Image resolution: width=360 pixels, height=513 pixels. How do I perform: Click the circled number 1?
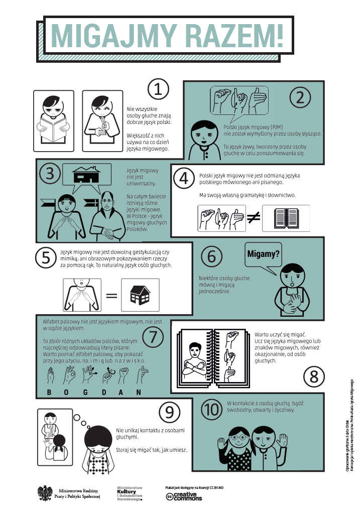click(158, 89)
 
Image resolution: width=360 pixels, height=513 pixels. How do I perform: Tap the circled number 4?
click(184, 178)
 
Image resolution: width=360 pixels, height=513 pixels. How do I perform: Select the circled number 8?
click(314, 376)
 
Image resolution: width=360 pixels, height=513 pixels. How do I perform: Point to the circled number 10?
click(212, 410)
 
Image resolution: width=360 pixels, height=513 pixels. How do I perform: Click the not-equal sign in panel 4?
click(254, 217)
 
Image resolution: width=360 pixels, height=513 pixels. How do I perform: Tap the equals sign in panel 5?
click(111, 296)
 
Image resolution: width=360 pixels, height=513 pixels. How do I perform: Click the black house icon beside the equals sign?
click(140, 295)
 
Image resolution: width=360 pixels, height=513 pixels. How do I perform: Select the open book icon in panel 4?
click(286, 218)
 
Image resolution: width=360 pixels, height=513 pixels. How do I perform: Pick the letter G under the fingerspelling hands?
click(85, 392)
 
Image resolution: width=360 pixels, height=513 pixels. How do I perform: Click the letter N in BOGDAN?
click(139, 392)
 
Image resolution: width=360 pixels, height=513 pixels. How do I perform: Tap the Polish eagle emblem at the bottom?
click(45, 493)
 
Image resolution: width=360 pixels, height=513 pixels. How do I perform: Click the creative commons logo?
click(184, 496)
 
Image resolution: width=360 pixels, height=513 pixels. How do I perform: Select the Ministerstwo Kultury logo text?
click(130, 494)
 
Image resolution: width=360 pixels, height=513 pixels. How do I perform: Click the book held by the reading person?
click(53, 129)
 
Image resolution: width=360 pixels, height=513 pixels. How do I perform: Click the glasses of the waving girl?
click(238, 437)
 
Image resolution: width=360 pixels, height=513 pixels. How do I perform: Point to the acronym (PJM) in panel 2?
click(277, 127)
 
